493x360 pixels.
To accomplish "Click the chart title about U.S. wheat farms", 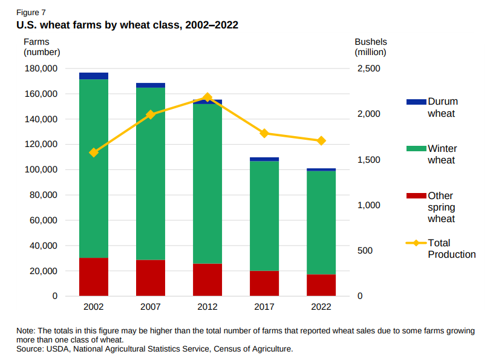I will coord(127,25).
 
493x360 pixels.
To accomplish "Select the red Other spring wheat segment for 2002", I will coord(94,277).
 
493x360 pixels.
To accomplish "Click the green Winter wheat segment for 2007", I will coord(151,174).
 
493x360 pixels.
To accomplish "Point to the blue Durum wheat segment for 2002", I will coord(94,76).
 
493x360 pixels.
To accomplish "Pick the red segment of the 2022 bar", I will coord(321,285).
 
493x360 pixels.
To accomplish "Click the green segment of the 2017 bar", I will coord(264,216).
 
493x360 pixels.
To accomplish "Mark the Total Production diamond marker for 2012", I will coord(207,97).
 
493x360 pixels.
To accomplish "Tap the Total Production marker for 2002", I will coord(94,152).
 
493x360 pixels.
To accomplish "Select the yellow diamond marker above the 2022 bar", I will coord(321,141).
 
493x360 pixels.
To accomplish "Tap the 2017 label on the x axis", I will coord(264,307).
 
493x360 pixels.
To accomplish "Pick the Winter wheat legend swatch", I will coord(416,149).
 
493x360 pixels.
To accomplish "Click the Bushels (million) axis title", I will coord(370,47).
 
